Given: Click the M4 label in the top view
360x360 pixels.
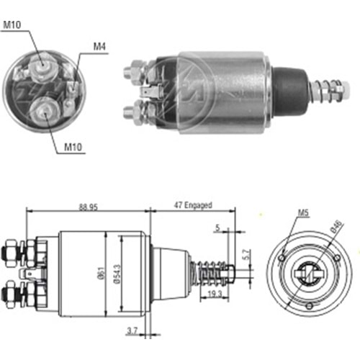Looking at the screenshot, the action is tap(99, 46).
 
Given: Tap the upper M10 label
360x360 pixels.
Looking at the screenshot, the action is tap(12, 24).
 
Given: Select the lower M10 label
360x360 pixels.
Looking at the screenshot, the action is tap(73, 147).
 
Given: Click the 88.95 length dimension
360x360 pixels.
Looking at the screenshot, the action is tap(89, 207).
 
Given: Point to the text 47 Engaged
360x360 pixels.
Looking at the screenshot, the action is tap(193, 205).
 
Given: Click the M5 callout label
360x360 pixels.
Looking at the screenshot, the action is tap(304, 212).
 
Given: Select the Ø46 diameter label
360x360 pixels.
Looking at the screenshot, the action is tap(336, 227).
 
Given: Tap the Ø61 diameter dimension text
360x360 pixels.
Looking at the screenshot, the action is tap(101, 273).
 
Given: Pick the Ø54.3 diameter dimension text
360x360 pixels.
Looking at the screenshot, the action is tap(117, 274).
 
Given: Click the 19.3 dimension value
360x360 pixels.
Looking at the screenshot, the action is tap(215, 294).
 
